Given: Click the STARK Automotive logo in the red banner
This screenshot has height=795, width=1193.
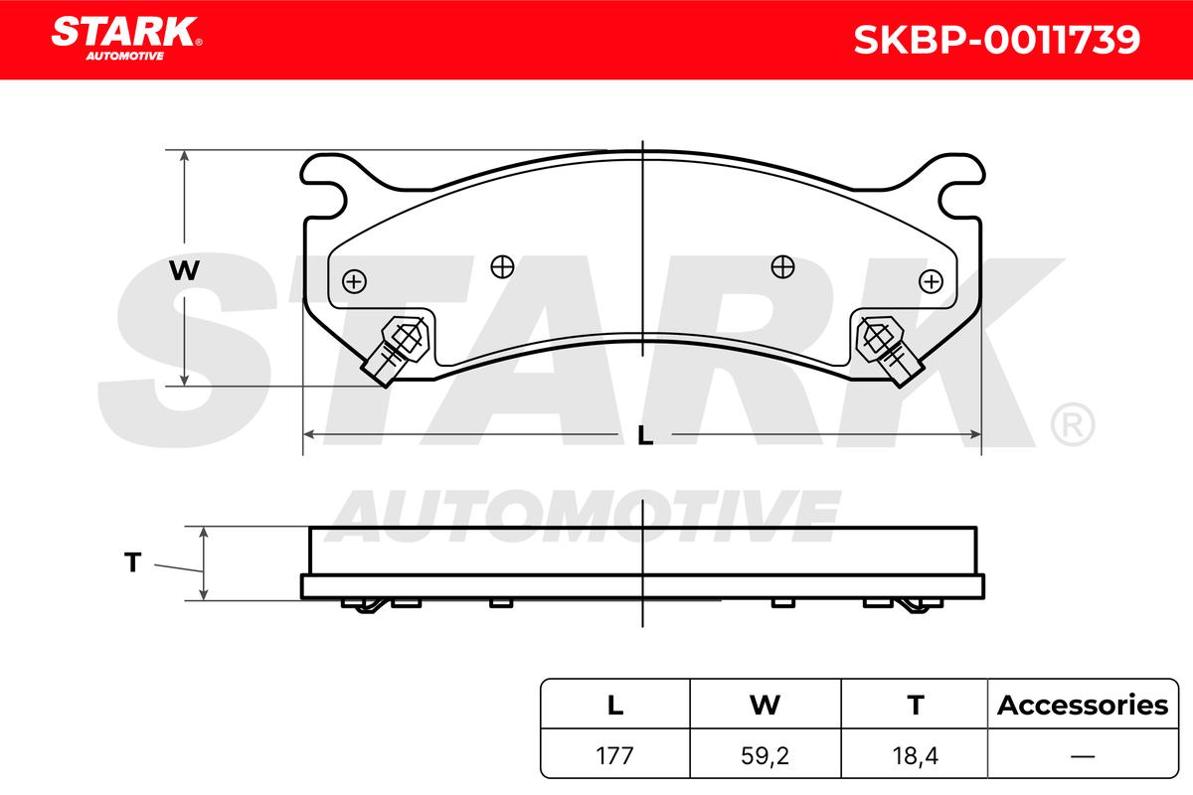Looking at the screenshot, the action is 126,39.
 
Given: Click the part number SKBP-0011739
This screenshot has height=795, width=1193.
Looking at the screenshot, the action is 996,40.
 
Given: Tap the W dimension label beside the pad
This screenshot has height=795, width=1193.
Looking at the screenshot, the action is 184,270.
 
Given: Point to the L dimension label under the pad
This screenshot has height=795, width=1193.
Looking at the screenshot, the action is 645,435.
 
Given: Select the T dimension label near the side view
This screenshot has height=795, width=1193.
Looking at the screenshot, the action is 132,562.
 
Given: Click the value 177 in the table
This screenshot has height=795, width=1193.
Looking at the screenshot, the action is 614,755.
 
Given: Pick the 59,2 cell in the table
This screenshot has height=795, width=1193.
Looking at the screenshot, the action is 765,755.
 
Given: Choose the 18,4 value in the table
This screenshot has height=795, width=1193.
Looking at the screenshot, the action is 915,755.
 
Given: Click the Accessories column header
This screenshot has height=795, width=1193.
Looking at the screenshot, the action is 1083,705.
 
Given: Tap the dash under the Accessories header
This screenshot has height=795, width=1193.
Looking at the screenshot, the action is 1083,755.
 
